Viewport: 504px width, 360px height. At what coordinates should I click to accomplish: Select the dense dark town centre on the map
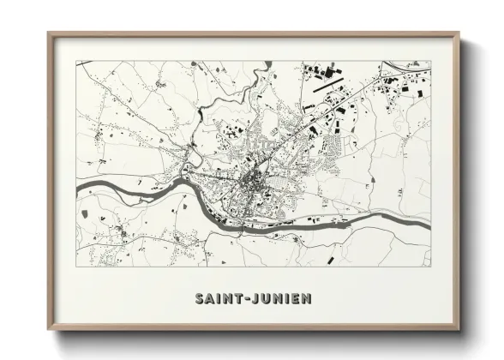point(254,180)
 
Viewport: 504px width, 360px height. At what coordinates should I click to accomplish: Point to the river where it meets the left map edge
point(79,187)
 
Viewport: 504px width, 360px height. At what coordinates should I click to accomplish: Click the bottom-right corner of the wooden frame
point(459,330)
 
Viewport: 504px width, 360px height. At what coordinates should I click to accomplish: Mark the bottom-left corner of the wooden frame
point(49,330)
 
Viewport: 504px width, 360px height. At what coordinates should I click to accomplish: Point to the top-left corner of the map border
point(76,61)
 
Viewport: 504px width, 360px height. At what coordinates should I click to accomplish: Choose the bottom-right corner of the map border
point(430,266)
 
